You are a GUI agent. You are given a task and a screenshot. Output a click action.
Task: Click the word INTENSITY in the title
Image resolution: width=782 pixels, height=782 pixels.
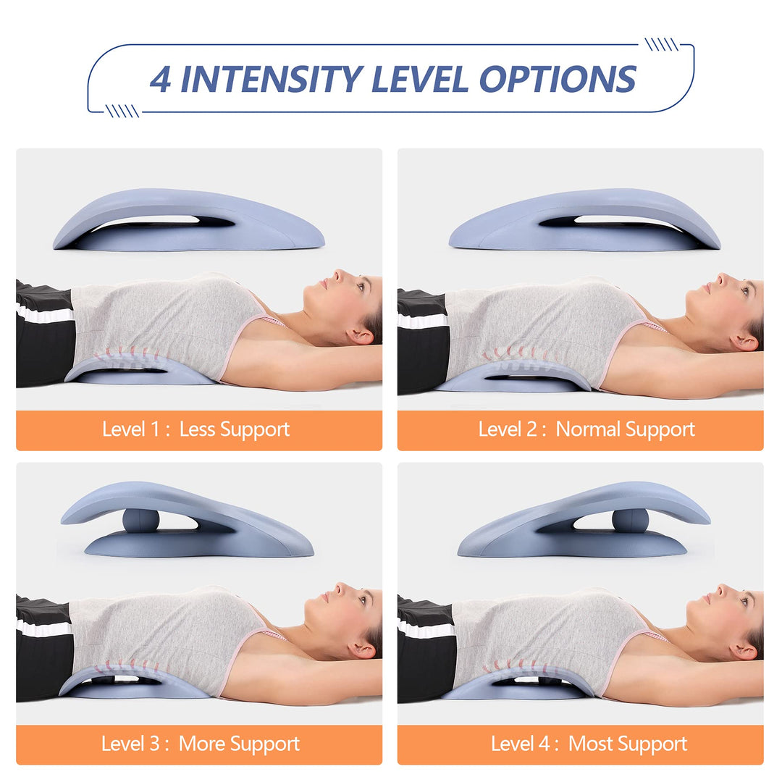pyautogui.click(x=272, y=79)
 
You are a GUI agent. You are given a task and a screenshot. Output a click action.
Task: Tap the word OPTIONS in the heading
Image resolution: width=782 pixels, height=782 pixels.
pyautogui.click(x=558, y=79)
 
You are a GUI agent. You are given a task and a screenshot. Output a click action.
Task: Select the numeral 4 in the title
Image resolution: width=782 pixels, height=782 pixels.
pyautogui.click(x=161, y=79)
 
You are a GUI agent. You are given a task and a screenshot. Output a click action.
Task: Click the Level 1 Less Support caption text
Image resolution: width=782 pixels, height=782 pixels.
pyautogui.click(x=196, y=429)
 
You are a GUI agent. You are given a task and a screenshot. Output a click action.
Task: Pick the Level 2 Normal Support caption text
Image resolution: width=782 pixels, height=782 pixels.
pyautogui.click(x=586, y=429)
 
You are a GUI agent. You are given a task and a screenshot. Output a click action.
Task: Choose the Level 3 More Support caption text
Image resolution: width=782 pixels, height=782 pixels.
pyautogui.click(x=201, y=744)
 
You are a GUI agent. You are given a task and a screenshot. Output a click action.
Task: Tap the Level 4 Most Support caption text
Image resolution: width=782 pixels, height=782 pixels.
pyautogui.click(x=589, y=744)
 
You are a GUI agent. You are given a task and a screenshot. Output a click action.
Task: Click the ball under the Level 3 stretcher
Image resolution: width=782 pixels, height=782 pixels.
pyautogui.click(x=141, y=521)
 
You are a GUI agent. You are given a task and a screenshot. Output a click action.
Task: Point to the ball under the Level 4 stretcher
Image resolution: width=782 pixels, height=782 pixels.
pyautogui.click(x=631, y=521)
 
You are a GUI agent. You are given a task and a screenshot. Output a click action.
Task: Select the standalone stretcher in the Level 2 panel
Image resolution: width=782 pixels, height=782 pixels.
pyautogui.click(x=584, y=219)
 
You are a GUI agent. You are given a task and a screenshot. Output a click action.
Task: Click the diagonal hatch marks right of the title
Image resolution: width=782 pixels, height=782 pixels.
pyautogui.click(x=661, y=44)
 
